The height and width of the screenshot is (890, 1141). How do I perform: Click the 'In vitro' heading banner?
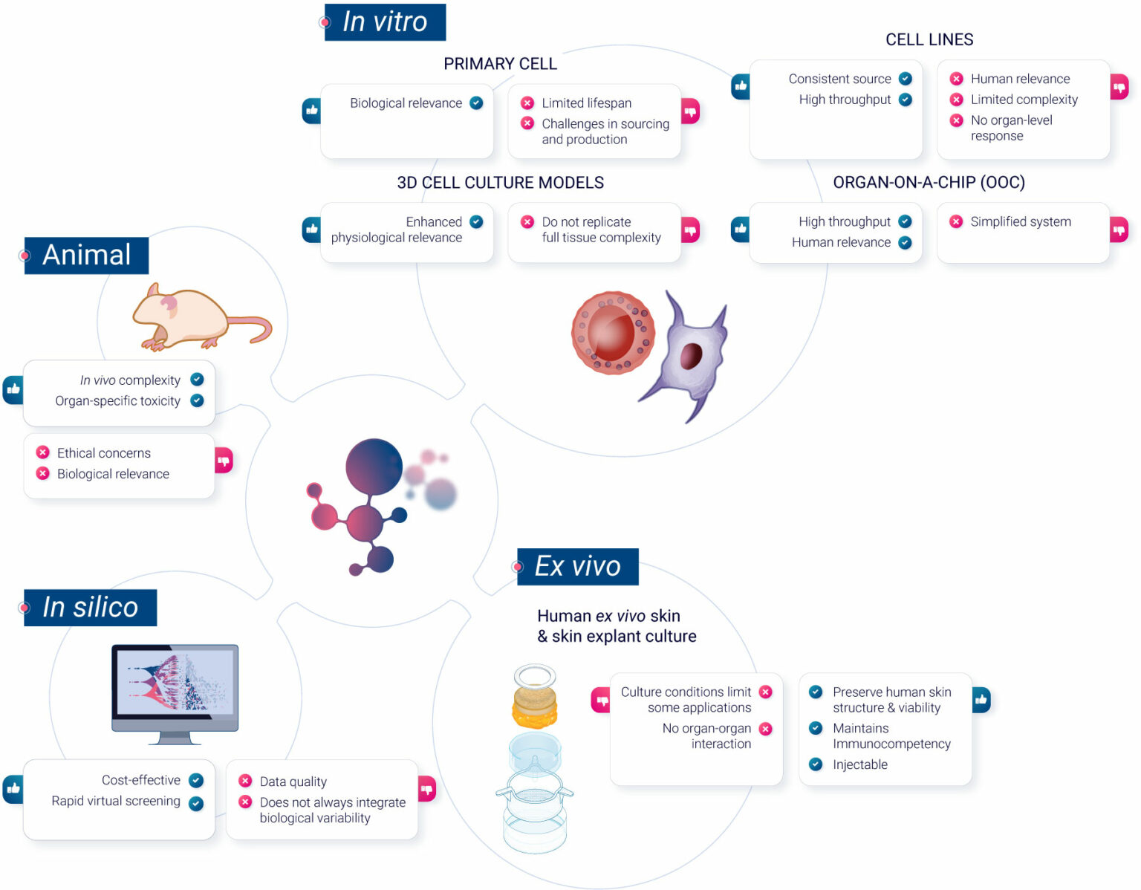coord(385,22)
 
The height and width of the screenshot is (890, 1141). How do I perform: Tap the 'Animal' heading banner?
coord(86,256)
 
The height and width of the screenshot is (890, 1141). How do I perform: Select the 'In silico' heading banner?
coord(90,608)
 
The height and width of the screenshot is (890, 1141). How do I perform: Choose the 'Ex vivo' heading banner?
coord(577,567)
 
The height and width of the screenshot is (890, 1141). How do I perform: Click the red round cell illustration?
coord(613,332)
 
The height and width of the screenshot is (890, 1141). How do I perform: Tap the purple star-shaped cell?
coord(689,355)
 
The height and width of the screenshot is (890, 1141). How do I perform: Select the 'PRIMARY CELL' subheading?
coord(500,64)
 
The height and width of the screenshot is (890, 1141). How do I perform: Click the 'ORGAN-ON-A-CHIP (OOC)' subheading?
coord(929,183)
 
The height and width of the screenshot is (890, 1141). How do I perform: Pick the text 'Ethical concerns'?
coord(104,453)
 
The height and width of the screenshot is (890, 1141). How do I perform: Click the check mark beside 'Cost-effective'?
coord(196,780)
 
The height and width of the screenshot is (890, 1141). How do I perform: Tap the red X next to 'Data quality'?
coord(245,781)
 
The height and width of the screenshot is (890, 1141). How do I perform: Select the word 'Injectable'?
coord(859,764)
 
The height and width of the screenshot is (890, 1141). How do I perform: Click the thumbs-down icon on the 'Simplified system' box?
coord(1119,230)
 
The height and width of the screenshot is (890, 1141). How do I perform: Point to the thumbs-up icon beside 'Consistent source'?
coord(741,86)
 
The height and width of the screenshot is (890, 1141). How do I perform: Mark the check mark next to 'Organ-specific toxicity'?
coord(197,400)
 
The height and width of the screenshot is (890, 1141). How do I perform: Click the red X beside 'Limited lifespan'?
coord(527,103)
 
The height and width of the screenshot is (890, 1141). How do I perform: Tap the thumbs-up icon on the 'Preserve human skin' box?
coord(981,699)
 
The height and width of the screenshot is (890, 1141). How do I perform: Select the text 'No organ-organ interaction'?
coord(706,736)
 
